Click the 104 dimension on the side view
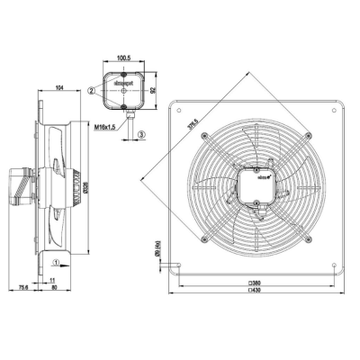(59, 87)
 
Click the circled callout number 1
(56, 264)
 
